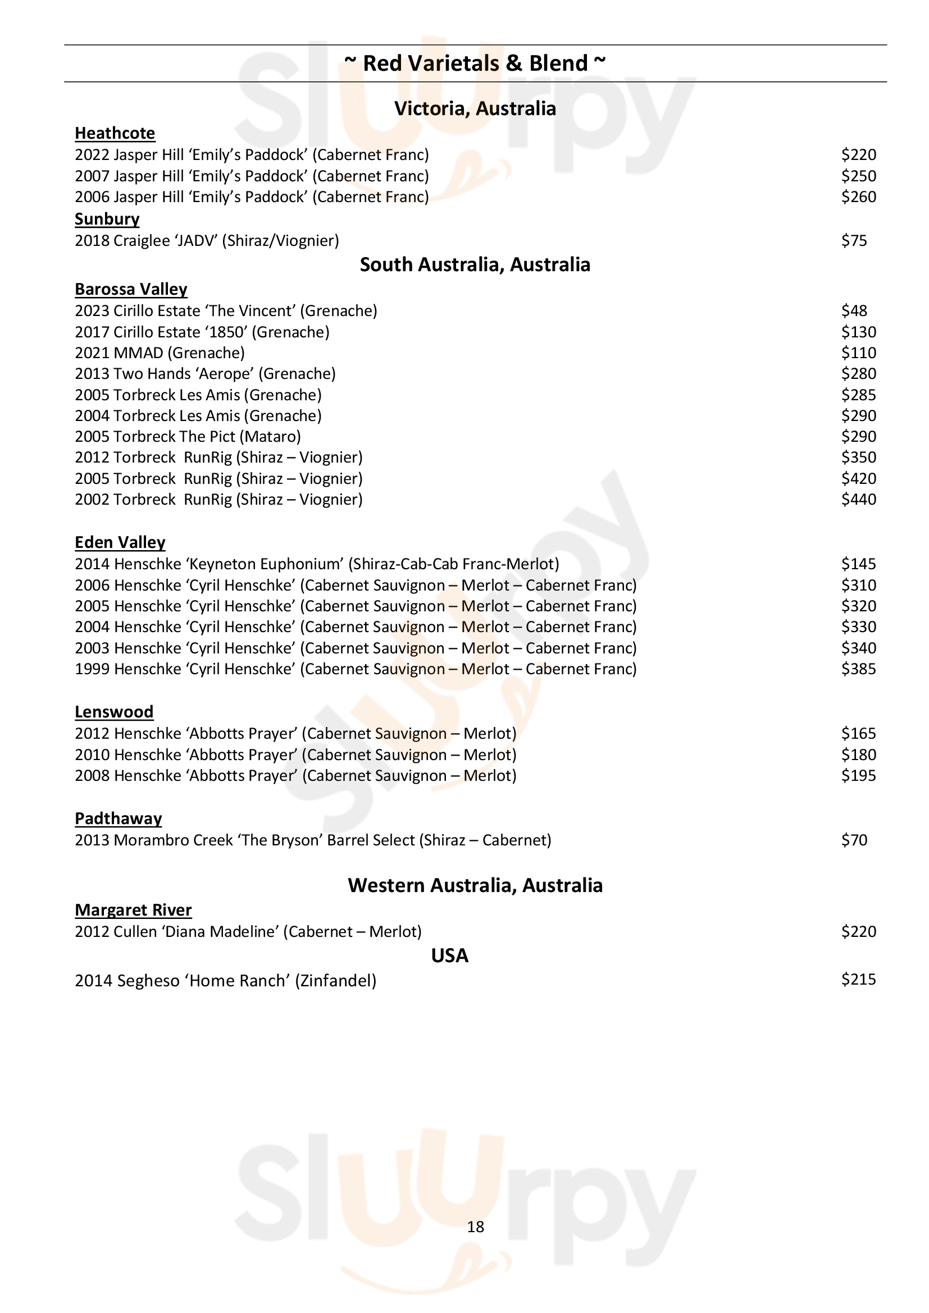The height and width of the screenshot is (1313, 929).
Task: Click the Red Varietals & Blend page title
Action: click(x=475, y=63)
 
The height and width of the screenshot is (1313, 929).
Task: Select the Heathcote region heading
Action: click(x=115, y=133)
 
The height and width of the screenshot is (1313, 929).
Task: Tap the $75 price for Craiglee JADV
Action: click(x=854, y=241)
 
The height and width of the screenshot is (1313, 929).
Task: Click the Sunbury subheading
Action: click(x=107, y=219)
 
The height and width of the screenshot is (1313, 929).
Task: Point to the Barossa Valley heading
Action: click(x=131, y=289)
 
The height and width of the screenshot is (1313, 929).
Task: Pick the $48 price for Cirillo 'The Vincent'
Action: click(x=854, y=311)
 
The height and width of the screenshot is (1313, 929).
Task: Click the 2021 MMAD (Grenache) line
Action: click(x=160, y=353)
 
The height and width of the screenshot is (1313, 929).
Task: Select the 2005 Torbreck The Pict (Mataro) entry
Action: click(x=188, y=437)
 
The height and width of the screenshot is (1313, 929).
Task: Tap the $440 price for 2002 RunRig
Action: click(x=858, y=500)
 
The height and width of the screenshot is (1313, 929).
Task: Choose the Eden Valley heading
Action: click(x=120, y=542)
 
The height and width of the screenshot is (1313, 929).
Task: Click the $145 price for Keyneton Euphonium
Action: click(x=858, y=564)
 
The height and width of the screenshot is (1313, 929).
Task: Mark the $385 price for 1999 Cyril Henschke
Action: click(x=858, y=669)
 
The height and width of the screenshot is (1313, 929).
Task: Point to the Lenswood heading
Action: click(x=114, y=712)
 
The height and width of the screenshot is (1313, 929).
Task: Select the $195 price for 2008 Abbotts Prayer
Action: click(x=858, y=776)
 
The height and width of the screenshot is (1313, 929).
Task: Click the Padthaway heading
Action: click(x=119, y=819)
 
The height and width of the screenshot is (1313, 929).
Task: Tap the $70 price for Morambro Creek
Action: click(x=854, y=841)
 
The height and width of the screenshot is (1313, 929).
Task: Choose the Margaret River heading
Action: click(x=133, y=911)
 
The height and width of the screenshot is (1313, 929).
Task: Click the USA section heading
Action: click(x=450, y=956)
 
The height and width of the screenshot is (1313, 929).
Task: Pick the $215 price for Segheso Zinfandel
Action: click(x=858, y=980)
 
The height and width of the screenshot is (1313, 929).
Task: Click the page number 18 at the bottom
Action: click(x=475, y=1227)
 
